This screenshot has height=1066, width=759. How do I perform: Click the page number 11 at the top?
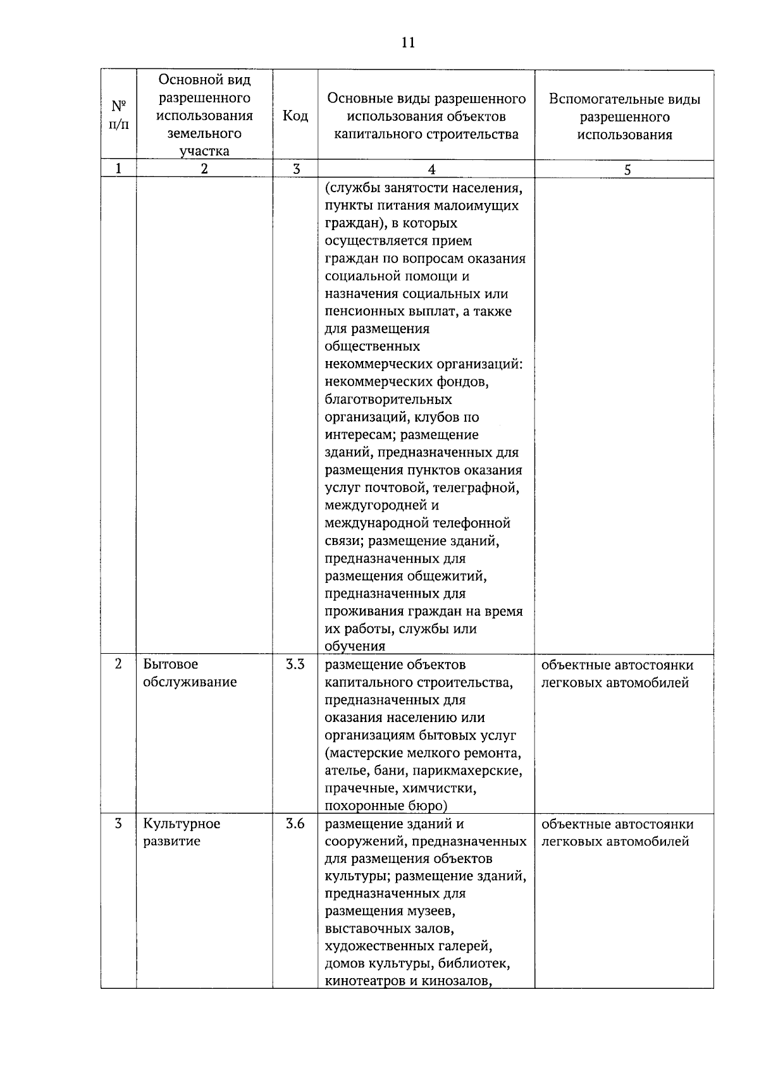(408, 42)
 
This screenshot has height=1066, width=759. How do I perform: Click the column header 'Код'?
(295, 116)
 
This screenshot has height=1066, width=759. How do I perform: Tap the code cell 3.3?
(295, 665)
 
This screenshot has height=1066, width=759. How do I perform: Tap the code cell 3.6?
(295, 824)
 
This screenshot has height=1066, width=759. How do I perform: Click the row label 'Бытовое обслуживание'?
(190, 673)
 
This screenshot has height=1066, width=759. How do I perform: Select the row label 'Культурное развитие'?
(182, 832)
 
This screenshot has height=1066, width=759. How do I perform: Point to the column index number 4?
(431, 169)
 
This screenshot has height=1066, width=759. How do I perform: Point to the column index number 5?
(627, 169)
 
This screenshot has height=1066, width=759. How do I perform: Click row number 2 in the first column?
(118, 665)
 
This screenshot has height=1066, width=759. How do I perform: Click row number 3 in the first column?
(118, 824)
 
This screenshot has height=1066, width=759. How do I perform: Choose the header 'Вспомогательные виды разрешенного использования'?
(624, 117)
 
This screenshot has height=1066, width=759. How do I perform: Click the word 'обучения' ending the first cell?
(355, 646)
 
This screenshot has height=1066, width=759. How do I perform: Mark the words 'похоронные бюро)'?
(385, 806)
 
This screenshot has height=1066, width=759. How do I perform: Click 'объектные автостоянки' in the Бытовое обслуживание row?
(617, 665)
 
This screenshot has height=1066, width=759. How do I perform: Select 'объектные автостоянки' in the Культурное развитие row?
(617, 824)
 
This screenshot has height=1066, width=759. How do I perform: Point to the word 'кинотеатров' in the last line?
(362, 981)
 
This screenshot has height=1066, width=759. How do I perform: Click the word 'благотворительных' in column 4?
(388, 400)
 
